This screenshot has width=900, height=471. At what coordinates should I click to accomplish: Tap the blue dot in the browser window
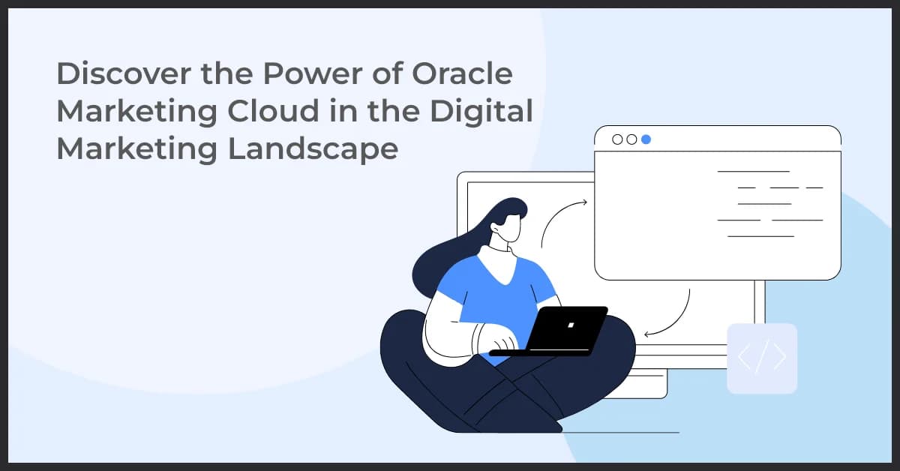646,139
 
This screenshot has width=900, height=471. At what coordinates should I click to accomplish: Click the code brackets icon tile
762,358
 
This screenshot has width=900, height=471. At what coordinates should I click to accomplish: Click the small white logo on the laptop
571,325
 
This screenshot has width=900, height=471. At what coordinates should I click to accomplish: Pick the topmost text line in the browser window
753,172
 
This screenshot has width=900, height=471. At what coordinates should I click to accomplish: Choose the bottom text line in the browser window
760,236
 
